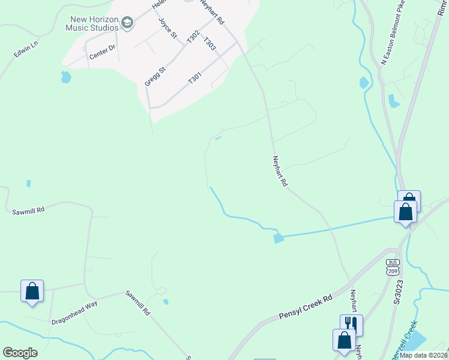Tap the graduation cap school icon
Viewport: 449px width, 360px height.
tap(127, 23)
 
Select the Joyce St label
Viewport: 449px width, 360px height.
tap(168, 28)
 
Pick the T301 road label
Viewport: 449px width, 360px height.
tap(195, 78)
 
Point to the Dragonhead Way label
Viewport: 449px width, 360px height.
tap(74, 313)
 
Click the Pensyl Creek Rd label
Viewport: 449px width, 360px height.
tap(306, 307)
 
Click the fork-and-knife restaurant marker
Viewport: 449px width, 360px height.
tap(351, 325)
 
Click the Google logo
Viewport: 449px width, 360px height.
tap(20, 353)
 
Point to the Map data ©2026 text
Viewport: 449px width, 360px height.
tap(423, 355)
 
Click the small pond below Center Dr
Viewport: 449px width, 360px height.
tap(65, 77)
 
